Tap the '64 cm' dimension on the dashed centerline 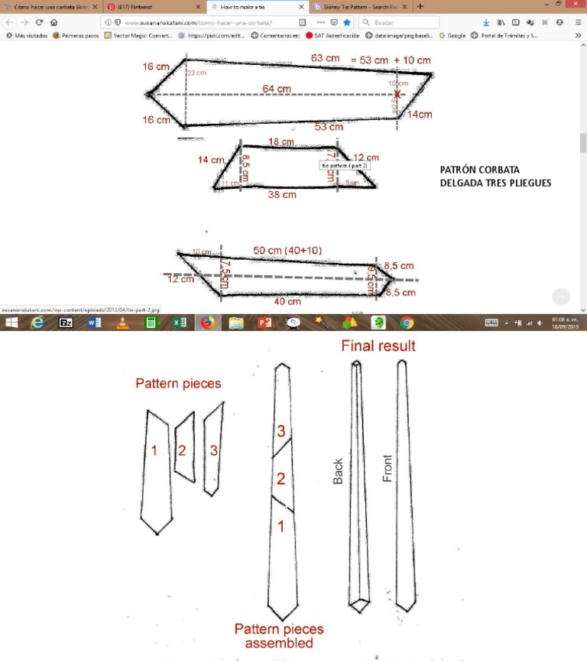click(x=276, y=89)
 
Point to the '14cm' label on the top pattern click(x=419, y=115)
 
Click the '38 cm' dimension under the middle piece click(x=282, y=195)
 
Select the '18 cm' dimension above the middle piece click(x=281, y=142)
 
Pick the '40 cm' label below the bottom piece click(x=287, y=301)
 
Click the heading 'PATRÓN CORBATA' click(x=479, y=170)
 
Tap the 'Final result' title click(x=378, y=346)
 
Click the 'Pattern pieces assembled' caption click(x=279, y=636)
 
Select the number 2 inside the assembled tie click(x=281, y=479)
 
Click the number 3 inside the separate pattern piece click(x=213, y=451)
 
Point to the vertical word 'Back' click(x=339, y=471)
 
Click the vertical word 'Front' click(x=388, y=468)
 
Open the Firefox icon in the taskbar click(x=208, y=323)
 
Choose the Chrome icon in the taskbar click(x=407, y=323)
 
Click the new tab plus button click(x=420, y=6)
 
